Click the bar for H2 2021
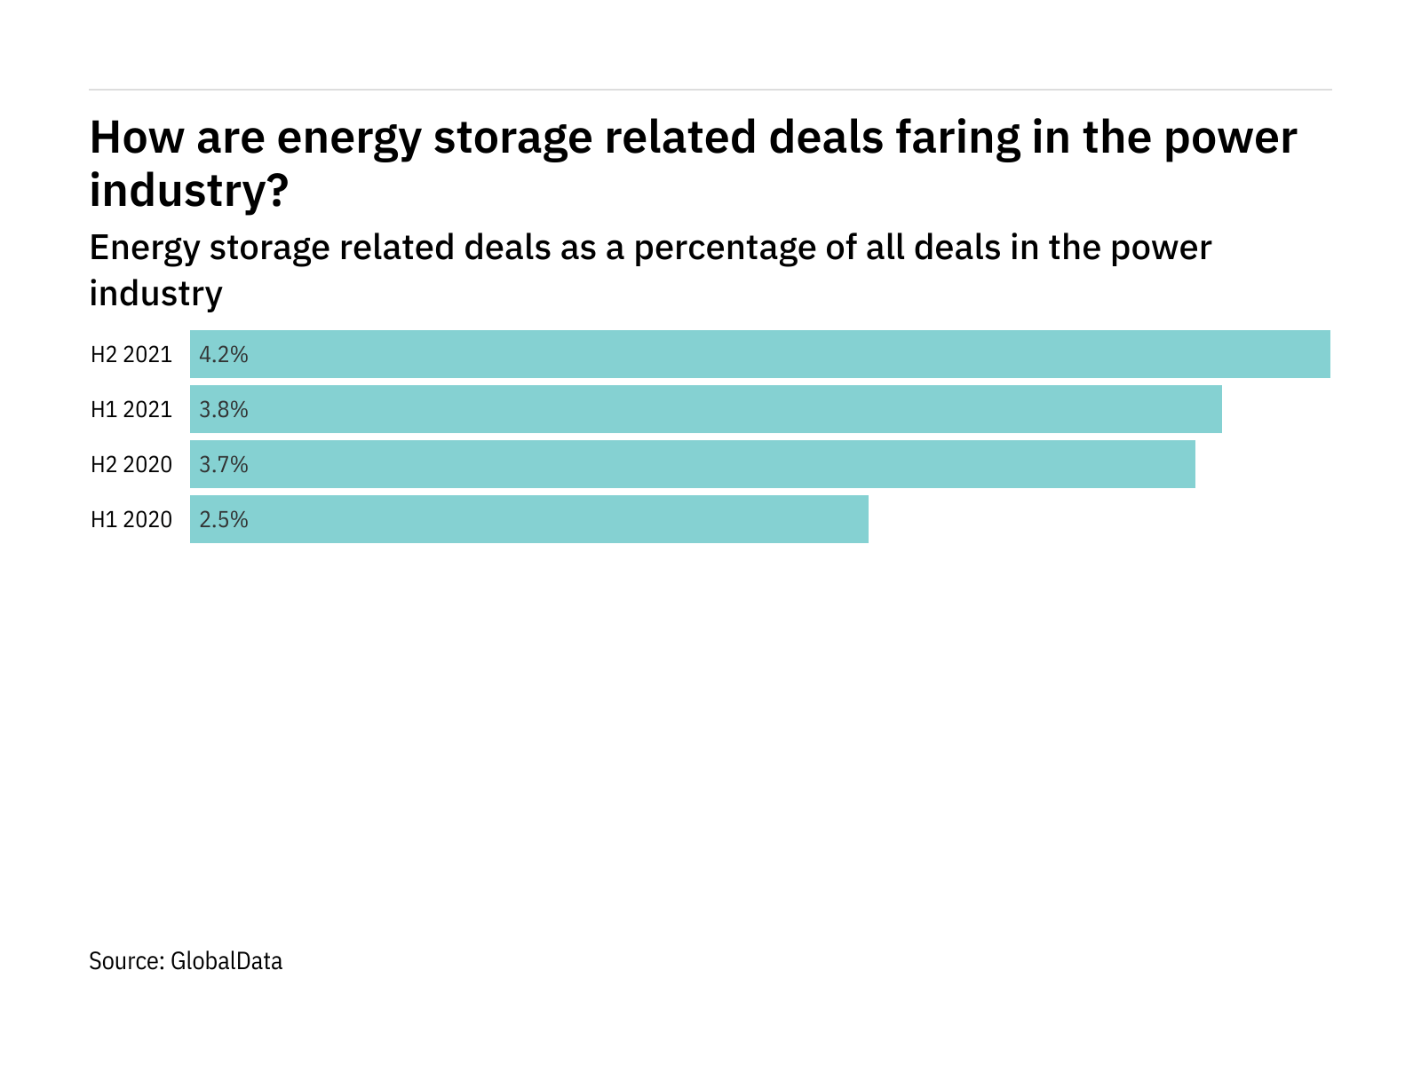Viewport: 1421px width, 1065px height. (760, 354)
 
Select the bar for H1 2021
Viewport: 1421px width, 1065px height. (706, 409)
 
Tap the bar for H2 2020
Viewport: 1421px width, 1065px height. (693, 464)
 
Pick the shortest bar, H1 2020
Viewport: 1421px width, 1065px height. (529, 519)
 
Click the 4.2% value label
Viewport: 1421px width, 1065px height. (224, 355)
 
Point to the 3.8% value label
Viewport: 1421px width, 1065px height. (224, 410)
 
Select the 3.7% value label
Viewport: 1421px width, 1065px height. (224, 465)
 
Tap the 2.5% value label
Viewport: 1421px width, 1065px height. (224, 520)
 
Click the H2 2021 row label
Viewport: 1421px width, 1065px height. (131, 355)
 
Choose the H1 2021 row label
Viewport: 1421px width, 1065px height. (131, 410)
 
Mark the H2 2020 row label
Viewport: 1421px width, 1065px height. (131, 465)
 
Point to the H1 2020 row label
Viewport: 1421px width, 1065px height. (131, 520)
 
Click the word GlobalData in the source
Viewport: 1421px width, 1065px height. (226, 961)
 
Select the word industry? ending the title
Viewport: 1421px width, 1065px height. (189, 191)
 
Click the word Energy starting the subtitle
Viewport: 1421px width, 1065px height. (144, 248)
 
